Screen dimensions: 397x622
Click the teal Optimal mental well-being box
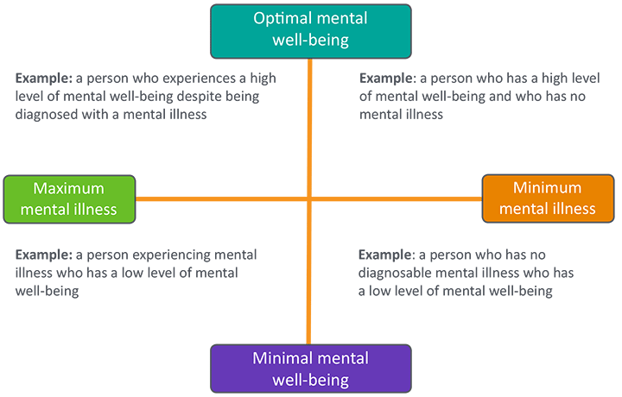point(309,29)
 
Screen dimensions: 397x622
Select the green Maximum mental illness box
point(70,199)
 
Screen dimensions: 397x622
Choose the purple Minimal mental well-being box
point(310,369)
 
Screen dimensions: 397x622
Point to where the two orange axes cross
point(309,199)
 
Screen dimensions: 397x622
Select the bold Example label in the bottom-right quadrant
point(385,255)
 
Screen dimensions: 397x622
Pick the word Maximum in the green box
point(69,188)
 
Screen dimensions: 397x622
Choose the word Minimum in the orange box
point(548,187)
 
